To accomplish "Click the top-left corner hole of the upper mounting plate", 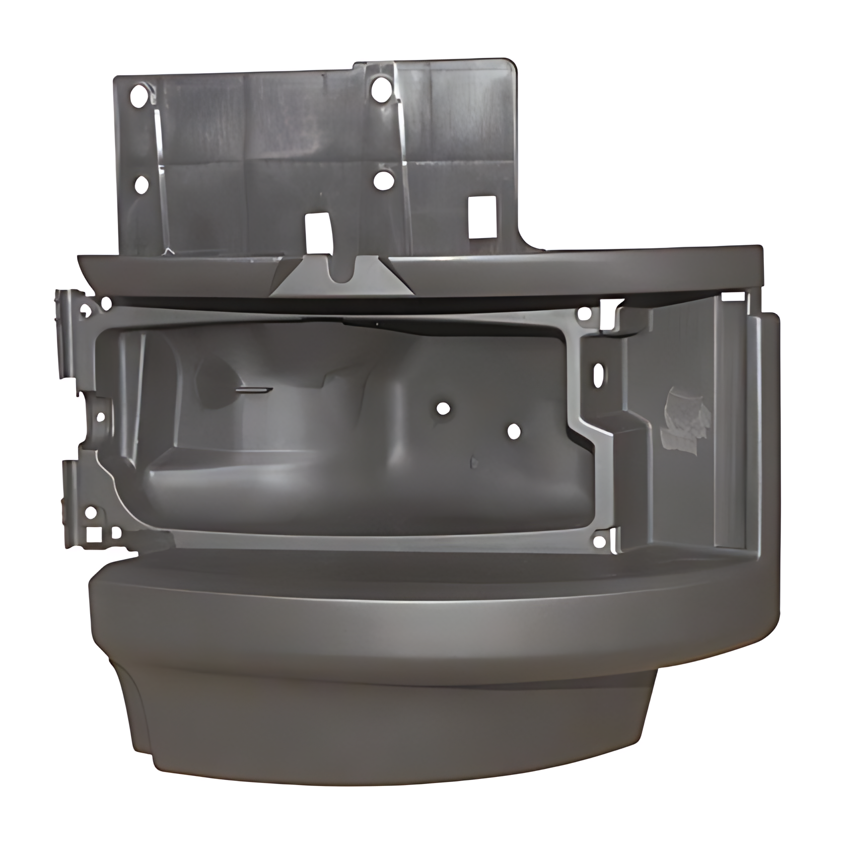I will (137, 94).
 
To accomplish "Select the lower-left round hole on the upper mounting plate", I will (142, 185).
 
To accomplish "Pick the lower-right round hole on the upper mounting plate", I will (384, 180).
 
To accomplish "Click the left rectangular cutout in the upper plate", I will (317, 230).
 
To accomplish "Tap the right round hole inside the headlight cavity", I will (514, 431).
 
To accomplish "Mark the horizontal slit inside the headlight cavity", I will (254, 390).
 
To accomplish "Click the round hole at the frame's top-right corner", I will (585, 314).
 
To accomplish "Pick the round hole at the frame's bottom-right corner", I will (599, 540).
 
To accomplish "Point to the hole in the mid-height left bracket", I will (100, 417).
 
